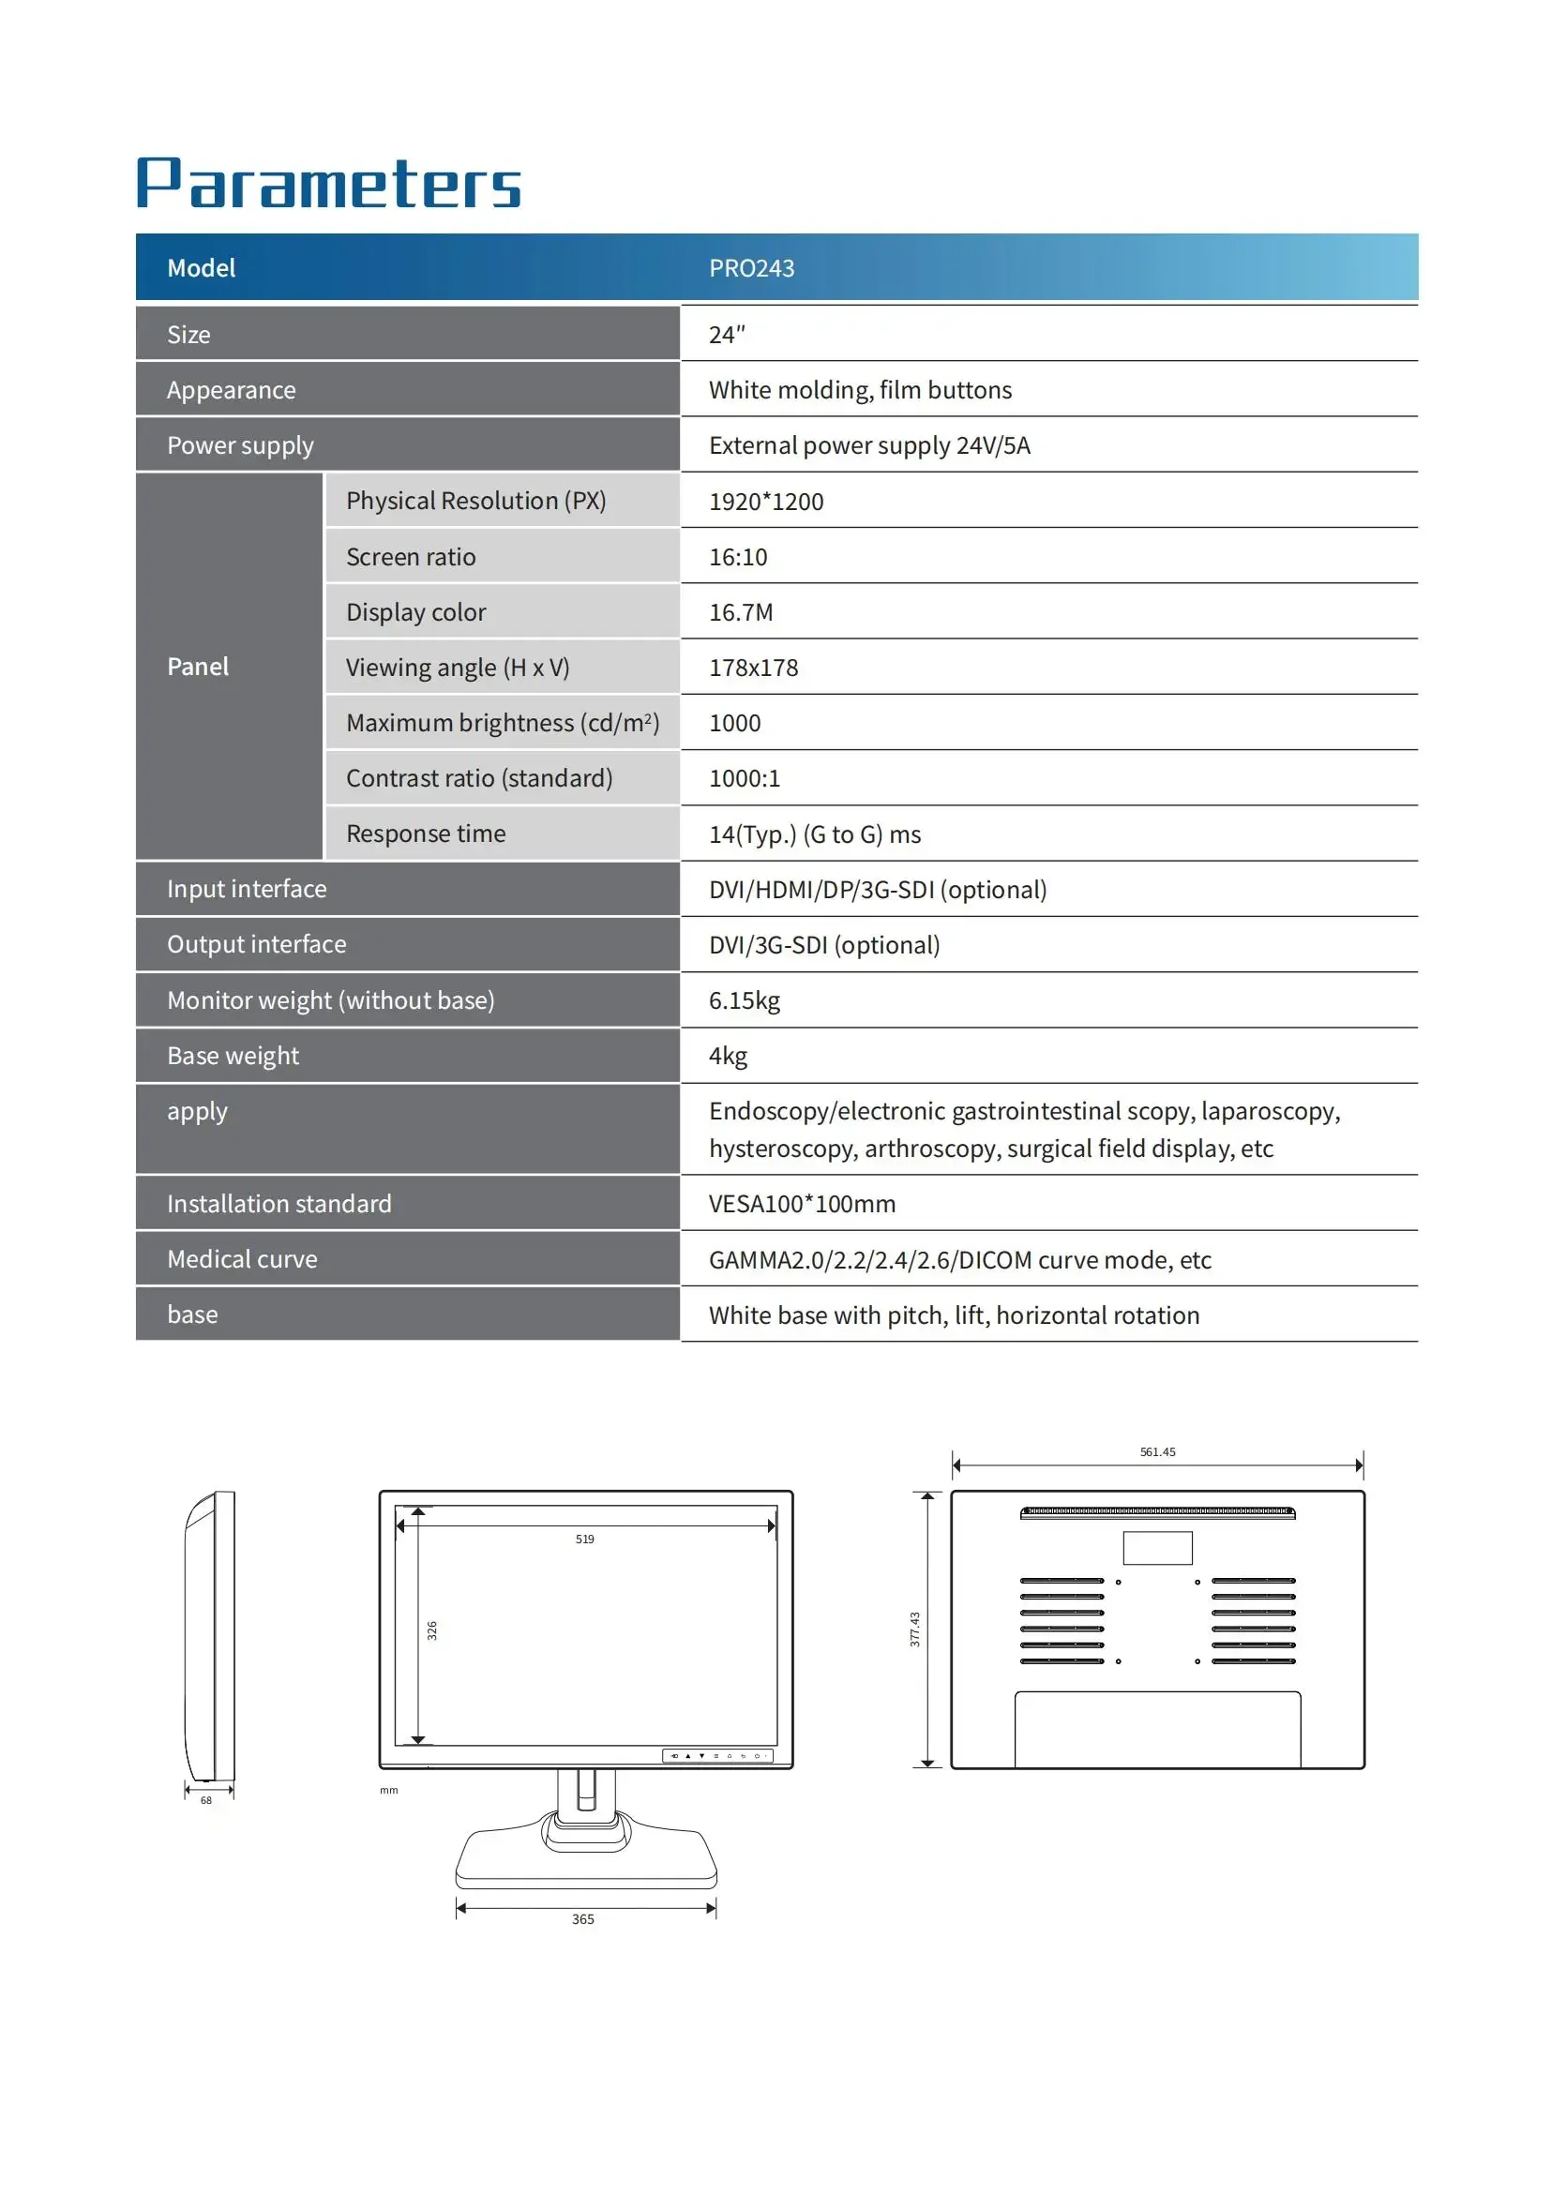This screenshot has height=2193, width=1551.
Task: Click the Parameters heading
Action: pyautogui.click(x=328, y=184)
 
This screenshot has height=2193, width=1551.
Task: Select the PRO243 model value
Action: pyautogui.click(x=751, y=268)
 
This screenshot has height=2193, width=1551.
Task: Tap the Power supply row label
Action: pyautogui.click(x=240, y=445)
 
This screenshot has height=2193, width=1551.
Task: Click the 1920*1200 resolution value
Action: pyautogui.click(x=765, y=502)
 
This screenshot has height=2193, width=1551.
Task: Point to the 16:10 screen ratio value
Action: pyautogui.click(x=737, y=557)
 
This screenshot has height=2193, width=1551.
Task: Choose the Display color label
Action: pyautogui.click(x=415, y=612)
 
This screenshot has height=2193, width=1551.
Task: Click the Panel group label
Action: pyautogui.click(x=198, y=667)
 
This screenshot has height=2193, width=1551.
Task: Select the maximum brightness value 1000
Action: pyautogui.click(x=734, y=723)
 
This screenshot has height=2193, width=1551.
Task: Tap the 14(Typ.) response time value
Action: pyautogui.click(x=814, y=834)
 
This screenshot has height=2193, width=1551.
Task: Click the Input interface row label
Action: pyautogui.click(x=247, y=889)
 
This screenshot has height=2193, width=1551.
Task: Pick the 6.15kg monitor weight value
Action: pyautogui.click(x=744, y=1000)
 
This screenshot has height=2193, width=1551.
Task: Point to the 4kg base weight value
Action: pyautogui.click(x=728, y=1056)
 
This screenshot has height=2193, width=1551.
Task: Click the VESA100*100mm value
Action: pyautogui.click(x=801, y=1204)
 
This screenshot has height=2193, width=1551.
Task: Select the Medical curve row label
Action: pyautogui.click(x=242, y=1259)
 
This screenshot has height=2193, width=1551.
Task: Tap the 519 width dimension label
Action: pyautogui.click(x=584, y=1539)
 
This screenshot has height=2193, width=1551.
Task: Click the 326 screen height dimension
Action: pyautogui.click(x=431, y=1630)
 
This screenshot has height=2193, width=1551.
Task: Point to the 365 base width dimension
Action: pyautogui.click(x=582, y=1919)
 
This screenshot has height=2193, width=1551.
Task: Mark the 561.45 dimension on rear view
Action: pyautogui.click(x=1157, y=1451)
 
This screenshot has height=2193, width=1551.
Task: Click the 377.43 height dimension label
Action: pyautogui.click(x=914, y=1630)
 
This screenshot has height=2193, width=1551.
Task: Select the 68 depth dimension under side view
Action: pyautogui.click(x=206, y=1800)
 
